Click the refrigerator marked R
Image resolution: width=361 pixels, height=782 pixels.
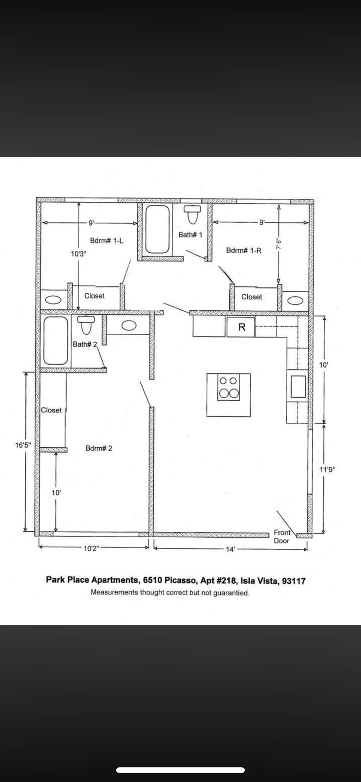[241, 327]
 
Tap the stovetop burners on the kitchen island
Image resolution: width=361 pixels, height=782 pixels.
[229, 388]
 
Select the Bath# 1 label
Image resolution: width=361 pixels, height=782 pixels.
[190, 235]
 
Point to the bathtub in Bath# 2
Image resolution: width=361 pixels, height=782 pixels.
[56, 340]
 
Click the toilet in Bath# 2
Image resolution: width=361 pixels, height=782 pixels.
[86, 325]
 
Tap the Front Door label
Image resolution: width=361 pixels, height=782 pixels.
[282, 536]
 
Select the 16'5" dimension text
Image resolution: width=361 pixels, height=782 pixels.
[23, 445]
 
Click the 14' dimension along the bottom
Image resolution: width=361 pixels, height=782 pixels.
[231, 549]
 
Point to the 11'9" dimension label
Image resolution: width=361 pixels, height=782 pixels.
[327, 470]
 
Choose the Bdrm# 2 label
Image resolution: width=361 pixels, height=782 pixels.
[99, 448]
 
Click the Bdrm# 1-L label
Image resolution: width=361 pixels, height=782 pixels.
[106, 240]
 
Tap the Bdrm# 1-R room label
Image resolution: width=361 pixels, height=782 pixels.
[243, 250]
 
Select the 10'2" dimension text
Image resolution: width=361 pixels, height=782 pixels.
[91, 548]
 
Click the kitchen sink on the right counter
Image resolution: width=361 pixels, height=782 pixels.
[298, 386]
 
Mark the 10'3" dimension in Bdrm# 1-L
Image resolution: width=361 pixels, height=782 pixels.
[78, 254]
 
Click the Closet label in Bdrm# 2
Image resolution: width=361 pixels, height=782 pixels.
[51, 410]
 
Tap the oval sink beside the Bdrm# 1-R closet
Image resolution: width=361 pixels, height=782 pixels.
[295, 300]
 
